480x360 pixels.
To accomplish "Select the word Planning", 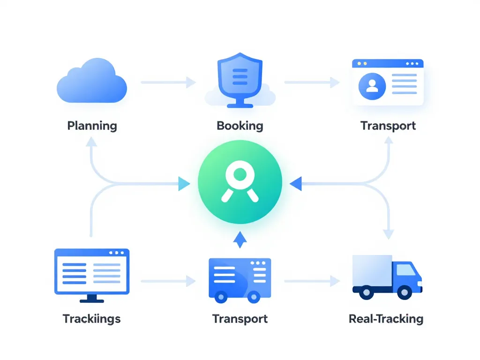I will point(92,126).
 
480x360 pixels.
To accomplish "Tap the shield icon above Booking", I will point(240,78).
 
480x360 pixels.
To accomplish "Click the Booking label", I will point(240,126).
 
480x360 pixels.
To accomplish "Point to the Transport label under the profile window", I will point(388,126).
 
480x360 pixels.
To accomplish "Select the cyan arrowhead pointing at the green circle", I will point(184,184).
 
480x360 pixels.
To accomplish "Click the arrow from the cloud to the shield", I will point(168,82).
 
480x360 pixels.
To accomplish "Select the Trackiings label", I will point(92,319).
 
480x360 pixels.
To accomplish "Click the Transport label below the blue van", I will point(240,319).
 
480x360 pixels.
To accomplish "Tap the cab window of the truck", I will point(406,270).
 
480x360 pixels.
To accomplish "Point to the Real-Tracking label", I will point(386,319).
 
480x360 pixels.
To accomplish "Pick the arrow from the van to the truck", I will point(312,281).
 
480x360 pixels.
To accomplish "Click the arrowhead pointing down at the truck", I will point(388,233).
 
